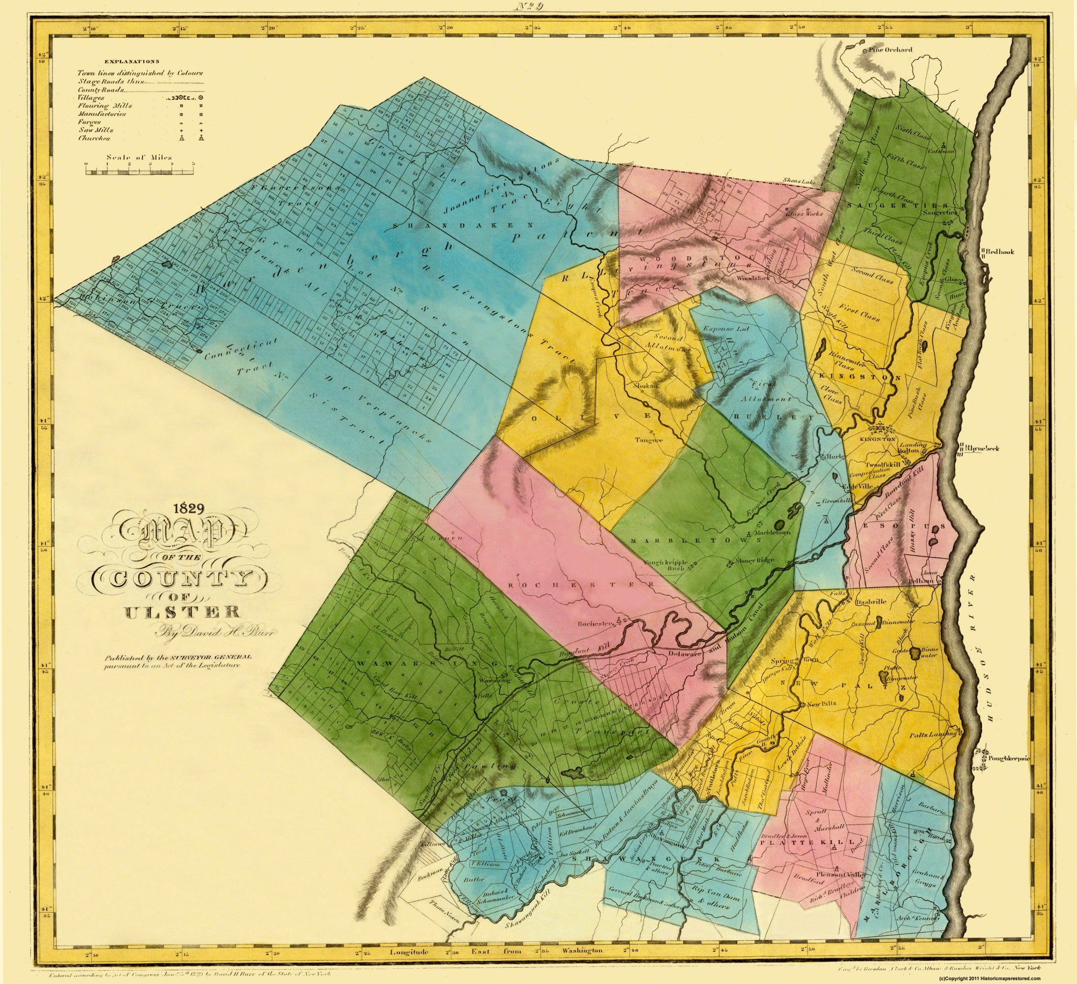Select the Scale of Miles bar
[140, 172]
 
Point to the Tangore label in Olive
[649, 440]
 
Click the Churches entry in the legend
[94, 138]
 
